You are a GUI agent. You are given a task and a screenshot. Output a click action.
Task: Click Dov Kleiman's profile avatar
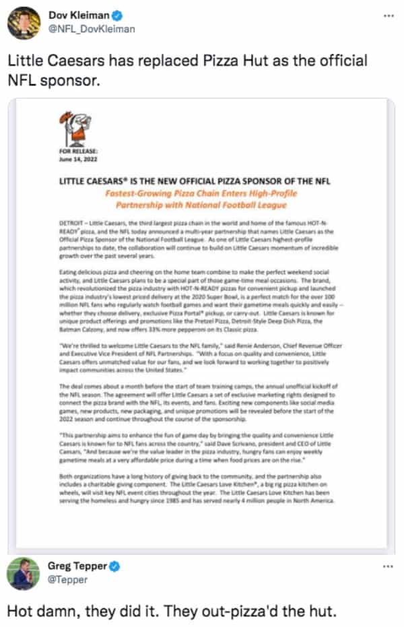pos(24,23)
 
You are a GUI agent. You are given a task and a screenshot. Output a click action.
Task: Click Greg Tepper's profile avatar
pos(24,574)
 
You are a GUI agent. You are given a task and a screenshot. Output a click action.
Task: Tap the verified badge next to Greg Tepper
pos(115,567)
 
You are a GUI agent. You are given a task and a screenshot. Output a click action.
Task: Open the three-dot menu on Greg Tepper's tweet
pos(386,567)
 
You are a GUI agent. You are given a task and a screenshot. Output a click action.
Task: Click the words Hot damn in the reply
pos(40,612)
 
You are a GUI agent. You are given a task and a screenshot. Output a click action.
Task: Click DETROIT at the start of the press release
pos(69,221)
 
